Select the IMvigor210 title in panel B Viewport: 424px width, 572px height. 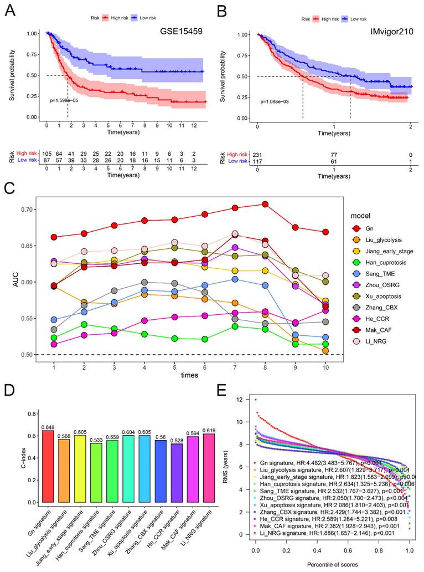point(386,33)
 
